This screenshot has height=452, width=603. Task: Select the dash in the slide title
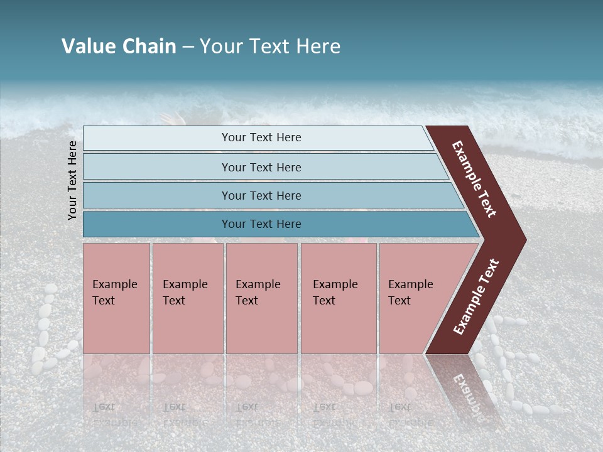(x=188, y=47)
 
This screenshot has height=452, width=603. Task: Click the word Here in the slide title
(x=318, y=46)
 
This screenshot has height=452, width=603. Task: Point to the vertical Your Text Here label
(x=72, y=180)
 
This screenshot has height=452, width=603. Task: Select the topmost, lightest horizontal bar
(x=258, y=138)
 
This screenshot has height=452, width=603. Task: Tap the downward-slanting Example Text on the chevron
(x=474, y=180)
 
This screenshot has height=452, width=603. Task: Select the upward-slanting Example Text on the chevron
(x=475, y=297)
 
